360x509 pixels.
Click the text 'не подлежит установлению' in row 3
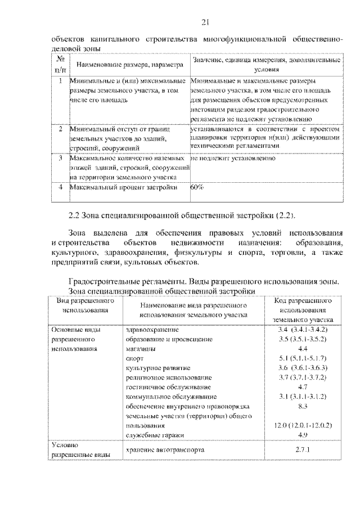(x=233, y=159)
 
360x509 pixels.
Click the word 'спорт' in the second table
(x=135, y=358)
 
